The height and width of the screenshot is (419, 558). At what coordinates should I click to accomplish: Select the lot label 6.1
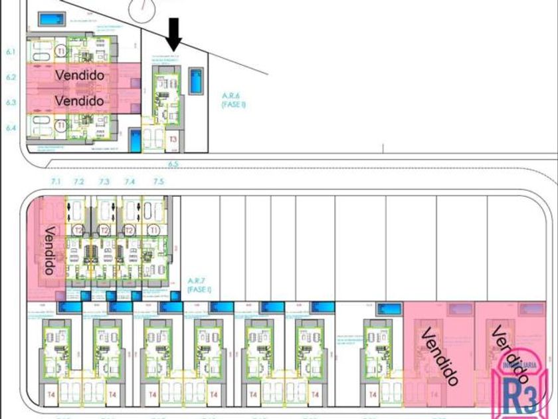coord(11,51)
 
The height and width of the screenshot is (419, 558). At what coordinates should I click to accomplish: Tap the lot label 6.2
coord(11,77)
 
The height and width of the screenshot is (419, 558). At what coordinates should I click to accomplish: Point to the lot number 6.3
coord(11,102)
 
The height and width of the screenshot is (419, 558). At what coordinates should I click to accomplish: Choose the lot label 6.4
coord(11,127)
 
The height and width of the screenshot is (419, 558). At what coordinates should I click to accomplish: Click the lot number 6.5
coord(174,164)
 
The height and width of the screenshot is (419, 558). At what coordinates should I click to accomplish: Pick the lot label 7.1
coord(55,182)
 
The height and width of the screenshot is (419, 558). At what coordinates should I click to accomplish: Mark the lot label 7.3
coord(104,182)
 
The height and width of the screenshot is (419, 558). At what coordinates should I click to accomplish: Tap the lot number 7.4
coord(130,182)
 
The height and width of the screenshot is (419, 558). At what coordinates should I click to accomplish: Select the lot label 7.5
coord(158,182)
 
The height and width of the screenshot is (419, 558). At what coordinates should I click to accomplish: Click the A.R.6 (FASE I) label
coord(234,100)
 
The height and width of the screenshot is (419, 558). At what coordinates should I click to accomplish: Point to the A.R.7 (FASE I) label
coord(199,285)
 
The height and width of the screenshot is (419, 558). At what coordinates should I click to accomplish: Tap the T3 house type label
coord(173,140)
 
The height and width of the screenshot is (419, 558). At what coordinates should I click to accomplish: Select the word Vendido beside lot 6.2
coord(80,76)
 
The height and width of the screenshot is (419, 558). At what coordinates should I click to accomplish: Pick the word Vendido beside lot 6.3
coord(80,101)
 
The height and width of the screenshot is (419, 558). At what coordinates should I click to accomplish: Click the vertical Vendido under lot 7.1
coord(49,250)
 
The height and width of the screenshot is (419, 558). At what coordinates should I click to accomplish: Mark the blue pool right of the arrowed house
coord(197,81)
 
